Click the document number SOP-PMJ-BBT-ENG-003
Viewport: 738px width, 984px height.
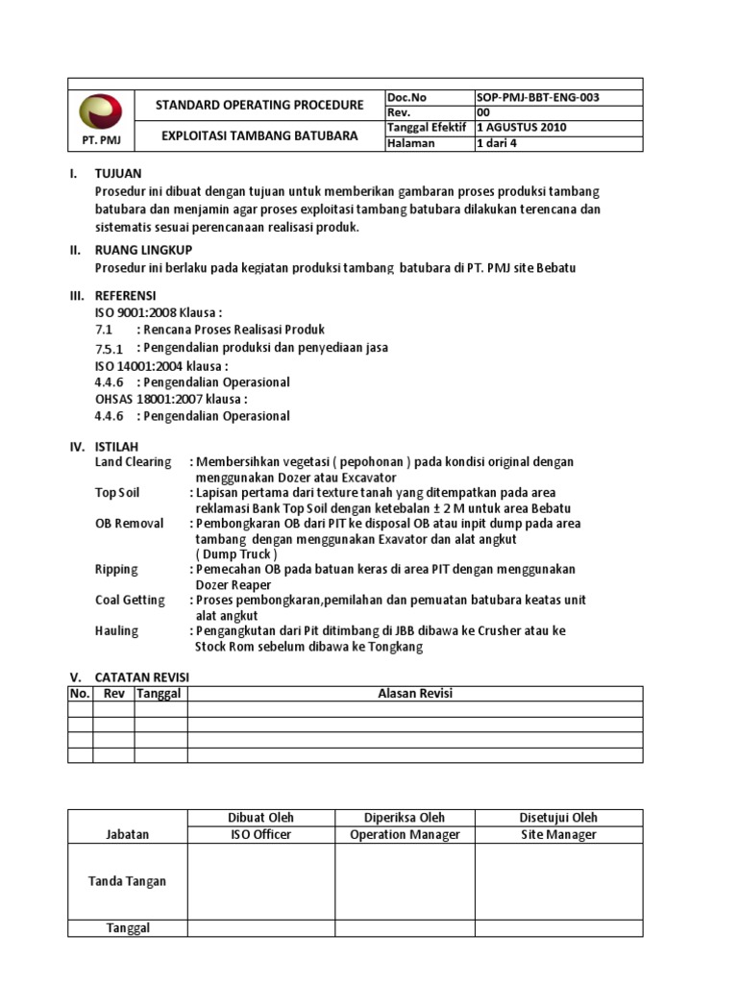click(543, 97)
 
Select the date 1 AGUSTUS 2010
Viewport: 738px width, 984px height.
click(522, 128)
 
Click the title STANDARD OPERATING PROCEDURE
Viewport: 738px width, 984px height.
click(259, 105)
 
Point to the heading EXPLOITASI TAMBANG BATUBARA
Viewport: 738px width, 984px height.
click(259, 135)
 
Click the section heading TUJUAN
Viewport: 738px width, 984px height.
click(118, 174)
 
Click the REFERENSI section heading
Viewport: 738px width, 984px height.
click(125, 295)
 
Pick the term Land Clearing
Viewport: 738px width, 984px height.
click(133, 461)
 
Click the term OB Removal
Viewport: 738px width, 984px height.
click(129, 523)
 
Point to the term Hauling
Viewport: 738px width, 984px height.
click(116, 630)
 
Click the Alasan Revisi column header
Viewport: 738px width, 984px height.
click(414, 694)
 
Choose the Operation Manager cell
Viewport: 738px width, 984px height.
click(405, 834)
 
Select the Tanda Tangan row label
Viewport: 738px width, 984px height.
click(128, 881)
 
